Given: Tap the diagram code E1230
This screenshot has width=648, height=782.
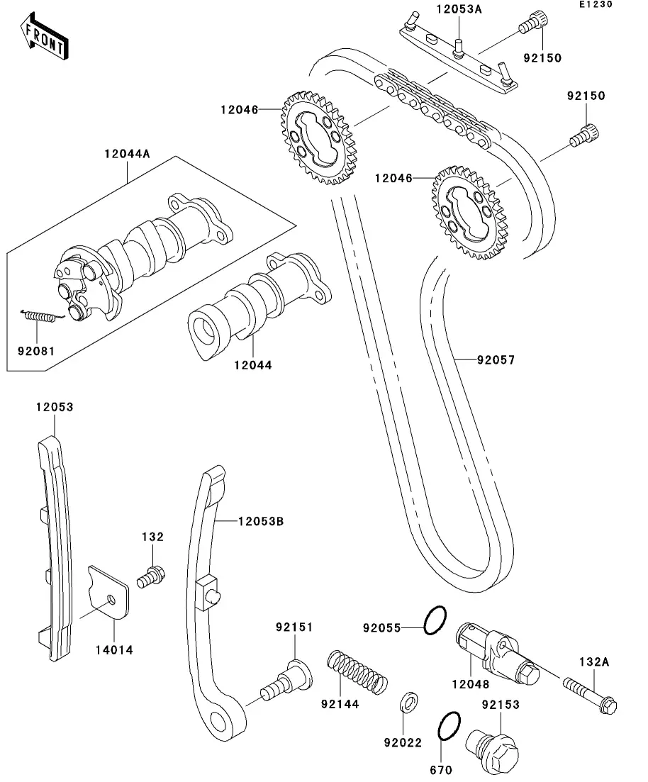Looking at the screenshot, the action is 596,4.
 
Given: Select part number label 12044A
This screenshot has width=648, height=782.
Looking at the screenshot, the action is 127,154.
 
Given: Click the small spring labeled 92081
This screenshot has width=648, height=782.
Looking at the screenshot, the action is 43,316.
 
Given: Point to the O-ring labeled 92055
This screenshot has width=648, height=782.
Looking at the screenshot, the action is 435,620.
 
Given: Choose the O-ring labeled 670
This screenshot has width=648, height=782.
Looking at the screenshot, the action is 449,726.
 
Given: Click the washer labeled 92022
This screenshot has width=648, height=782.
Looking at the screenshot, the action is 410,702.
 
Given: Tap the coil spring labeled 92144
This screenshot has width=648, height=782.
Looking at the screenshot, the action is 357,671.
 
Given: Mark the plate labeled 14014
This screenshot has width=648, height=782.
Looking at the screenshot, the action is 108,593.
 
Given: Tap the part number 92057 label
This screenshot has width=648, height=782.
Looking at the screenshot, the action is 496,359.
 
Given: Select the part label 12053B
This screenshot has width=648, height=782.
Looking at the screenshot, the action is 261,521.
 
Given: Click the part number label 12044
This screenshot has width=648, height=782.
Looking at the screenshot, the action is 253,365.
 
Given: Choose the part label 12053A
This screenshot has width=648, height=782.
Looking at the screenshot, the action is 459,9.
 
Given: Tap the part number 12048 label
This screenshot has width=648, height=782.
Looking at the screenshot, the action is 471,683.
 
